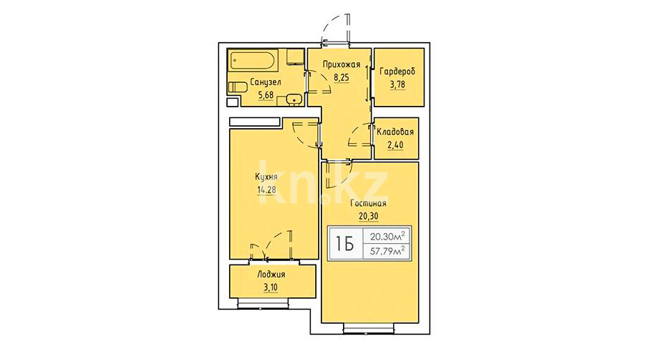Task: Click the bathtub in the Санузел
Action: point(253,61)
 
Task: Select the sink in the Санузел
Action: point(294,99)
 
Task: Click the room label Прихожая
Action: point(342,64)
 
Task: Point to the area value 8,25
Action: point(342,77)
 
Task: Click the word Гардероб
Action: point(397,72)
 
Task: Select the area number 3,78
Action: point(397,84)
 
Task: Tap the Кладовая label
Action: point(395,132)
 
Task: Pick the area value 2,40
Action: point(395,145)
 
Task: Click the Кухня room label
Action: point(266,177)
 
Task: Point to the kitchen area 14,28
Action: point(266,190)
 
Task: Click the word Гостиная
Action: point(368,203)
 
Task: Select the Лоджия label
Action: point(271,275)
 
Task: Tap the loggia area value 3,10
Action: point(271,287)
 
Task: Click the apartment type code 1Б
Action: point(344,245)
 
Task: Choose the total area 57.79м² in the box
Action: point(387,251)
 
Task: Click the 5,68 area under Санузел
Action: point(266,95)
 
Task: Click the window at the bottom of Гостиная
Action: point(369,328)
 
